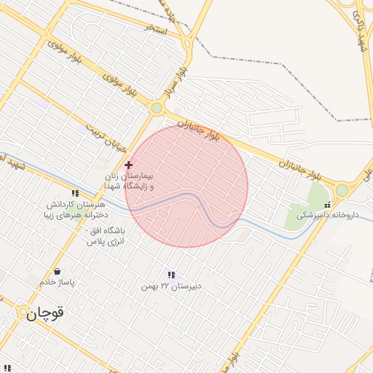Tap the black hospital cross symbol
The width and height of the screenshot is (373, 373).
point(129,165)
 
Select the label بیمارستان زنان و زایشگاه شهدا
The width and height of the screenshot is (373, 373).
point(127,181)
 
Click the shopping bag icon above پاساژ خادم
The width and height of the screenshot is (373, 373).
point(58,272)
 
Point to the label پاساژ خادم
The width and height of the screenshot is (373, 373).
point(58,282)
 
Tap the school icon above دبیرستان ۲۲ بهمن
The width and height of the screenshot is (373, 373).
point(171,275)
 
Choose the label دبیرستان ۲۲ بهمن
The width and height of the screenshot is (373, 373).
point(172,286)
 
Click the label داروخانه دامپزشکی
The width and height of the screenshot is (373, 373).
point(328,214)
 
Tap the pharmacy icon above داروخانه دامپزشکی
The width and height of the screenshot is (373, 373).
point(327,204)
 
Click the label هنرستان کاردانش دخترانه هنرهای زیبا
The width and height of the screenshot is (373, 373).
point(75,211)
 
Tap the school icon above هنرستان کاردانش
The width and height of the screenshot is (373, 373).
point(75,193)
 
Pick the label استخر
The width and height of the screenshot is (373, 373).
point(157,31)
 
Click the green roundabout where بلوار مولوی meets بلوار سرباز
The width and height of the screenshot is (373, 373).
point(157,109)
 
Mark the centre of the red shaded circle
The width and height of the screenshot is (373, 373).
point(186,186)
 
